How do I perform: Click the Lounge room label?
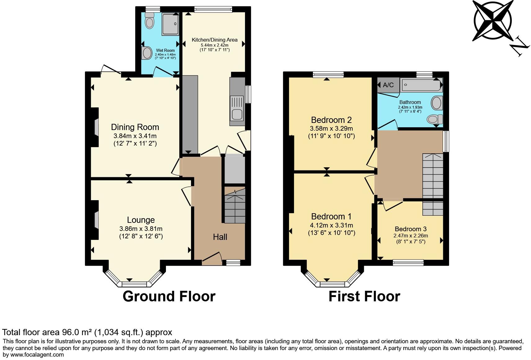(x=141, y=220)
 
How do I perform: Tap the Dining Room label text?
(x=135, y=127)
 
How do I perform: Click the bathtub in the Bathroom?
(x=421, y=84)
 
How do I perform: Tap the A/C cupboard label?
(x=388, y=85)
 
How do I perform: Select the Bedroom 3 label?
(x=410, y=229)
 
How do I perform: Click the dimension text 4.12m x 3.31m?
(x=332, y=225)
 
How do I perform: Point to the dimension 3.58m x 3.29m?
(x=331, y=128)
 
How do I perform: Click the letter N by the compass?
(x=520, y=47)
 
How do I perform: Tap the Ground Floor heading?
(x=169, y=296)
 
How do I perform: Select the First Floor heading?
(x=364, y=296)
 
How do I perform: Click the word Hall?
(x=220, y=237)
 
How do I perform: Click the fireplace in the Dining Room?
(x=96, y=127)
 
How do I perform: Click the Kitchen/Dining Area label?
(x=214, y=40)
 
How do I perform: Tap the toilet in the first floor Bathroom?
(x=435, y=119)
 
